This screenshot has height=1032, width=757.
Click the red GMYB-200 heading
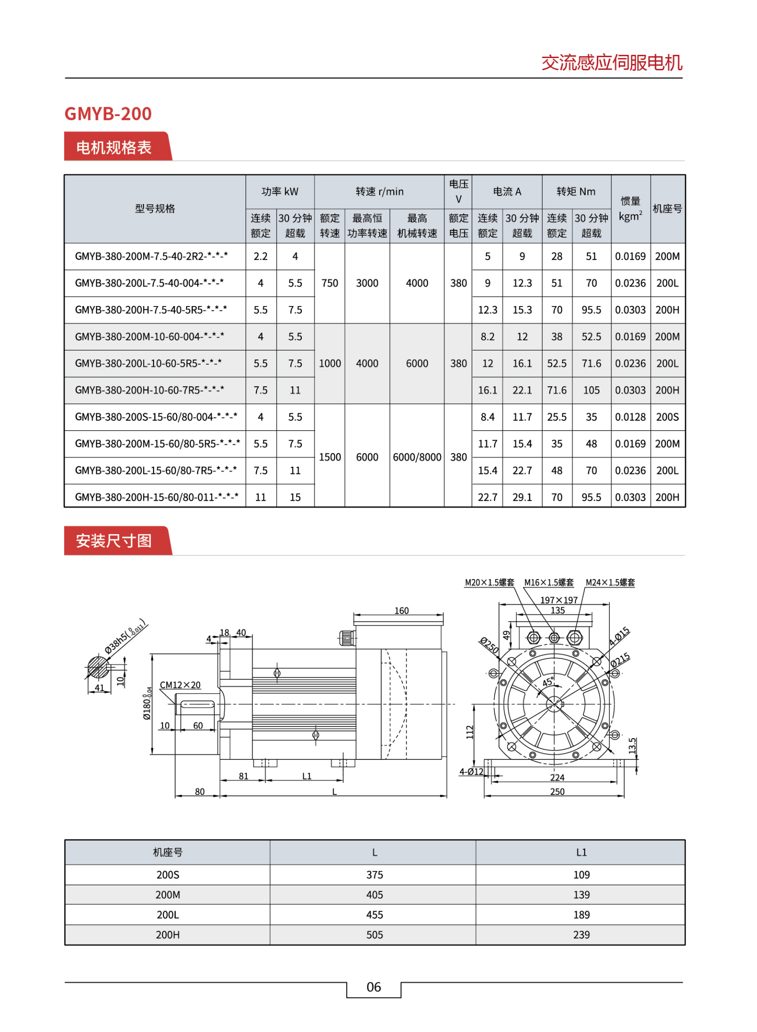[x=108, y=113]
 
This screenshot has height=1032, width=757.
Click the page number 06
[x=373, y=987]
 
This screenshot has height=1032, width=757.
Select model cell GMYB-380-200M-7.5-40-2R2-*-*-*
[x=151, y=256]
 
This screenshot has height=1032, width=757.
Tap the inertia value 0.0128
[x=629, y=417]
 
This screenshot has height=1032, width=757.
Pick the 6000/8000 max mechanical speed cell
[x=417, y=457]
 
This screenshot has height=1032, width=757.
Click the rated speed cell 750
[x=329, y=283]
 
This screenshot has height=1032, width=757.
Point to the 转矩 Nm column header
[x=575, y=191]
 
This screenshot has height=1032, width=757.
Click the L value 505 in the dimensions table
[x=374, y=934]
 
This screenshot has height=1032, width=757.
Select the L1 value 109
[x=581, y=874]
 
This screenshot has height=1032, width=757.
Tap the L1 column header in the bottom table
[x=581, y=852]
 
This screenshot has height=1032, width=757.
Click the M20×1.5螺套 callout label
[x=489, y=582]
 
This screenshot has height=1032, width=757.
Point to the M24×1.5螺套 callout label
[x=610, y=582]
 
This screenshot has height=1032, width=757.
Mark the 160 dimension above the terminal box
[x=401, y=610]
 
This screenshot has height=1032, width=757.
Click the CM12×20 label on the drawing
[x=180, y=684]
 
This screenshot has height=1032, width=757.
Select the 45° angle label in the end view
[x=548, y=682]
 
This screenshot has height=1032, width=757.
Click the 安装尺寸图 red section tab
[x=114, y=540]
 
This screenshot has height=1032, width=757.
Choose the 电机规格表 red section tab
[x=114, y=147]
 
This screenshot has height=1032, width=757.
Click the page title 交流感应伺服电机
[x=611, y=62]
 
